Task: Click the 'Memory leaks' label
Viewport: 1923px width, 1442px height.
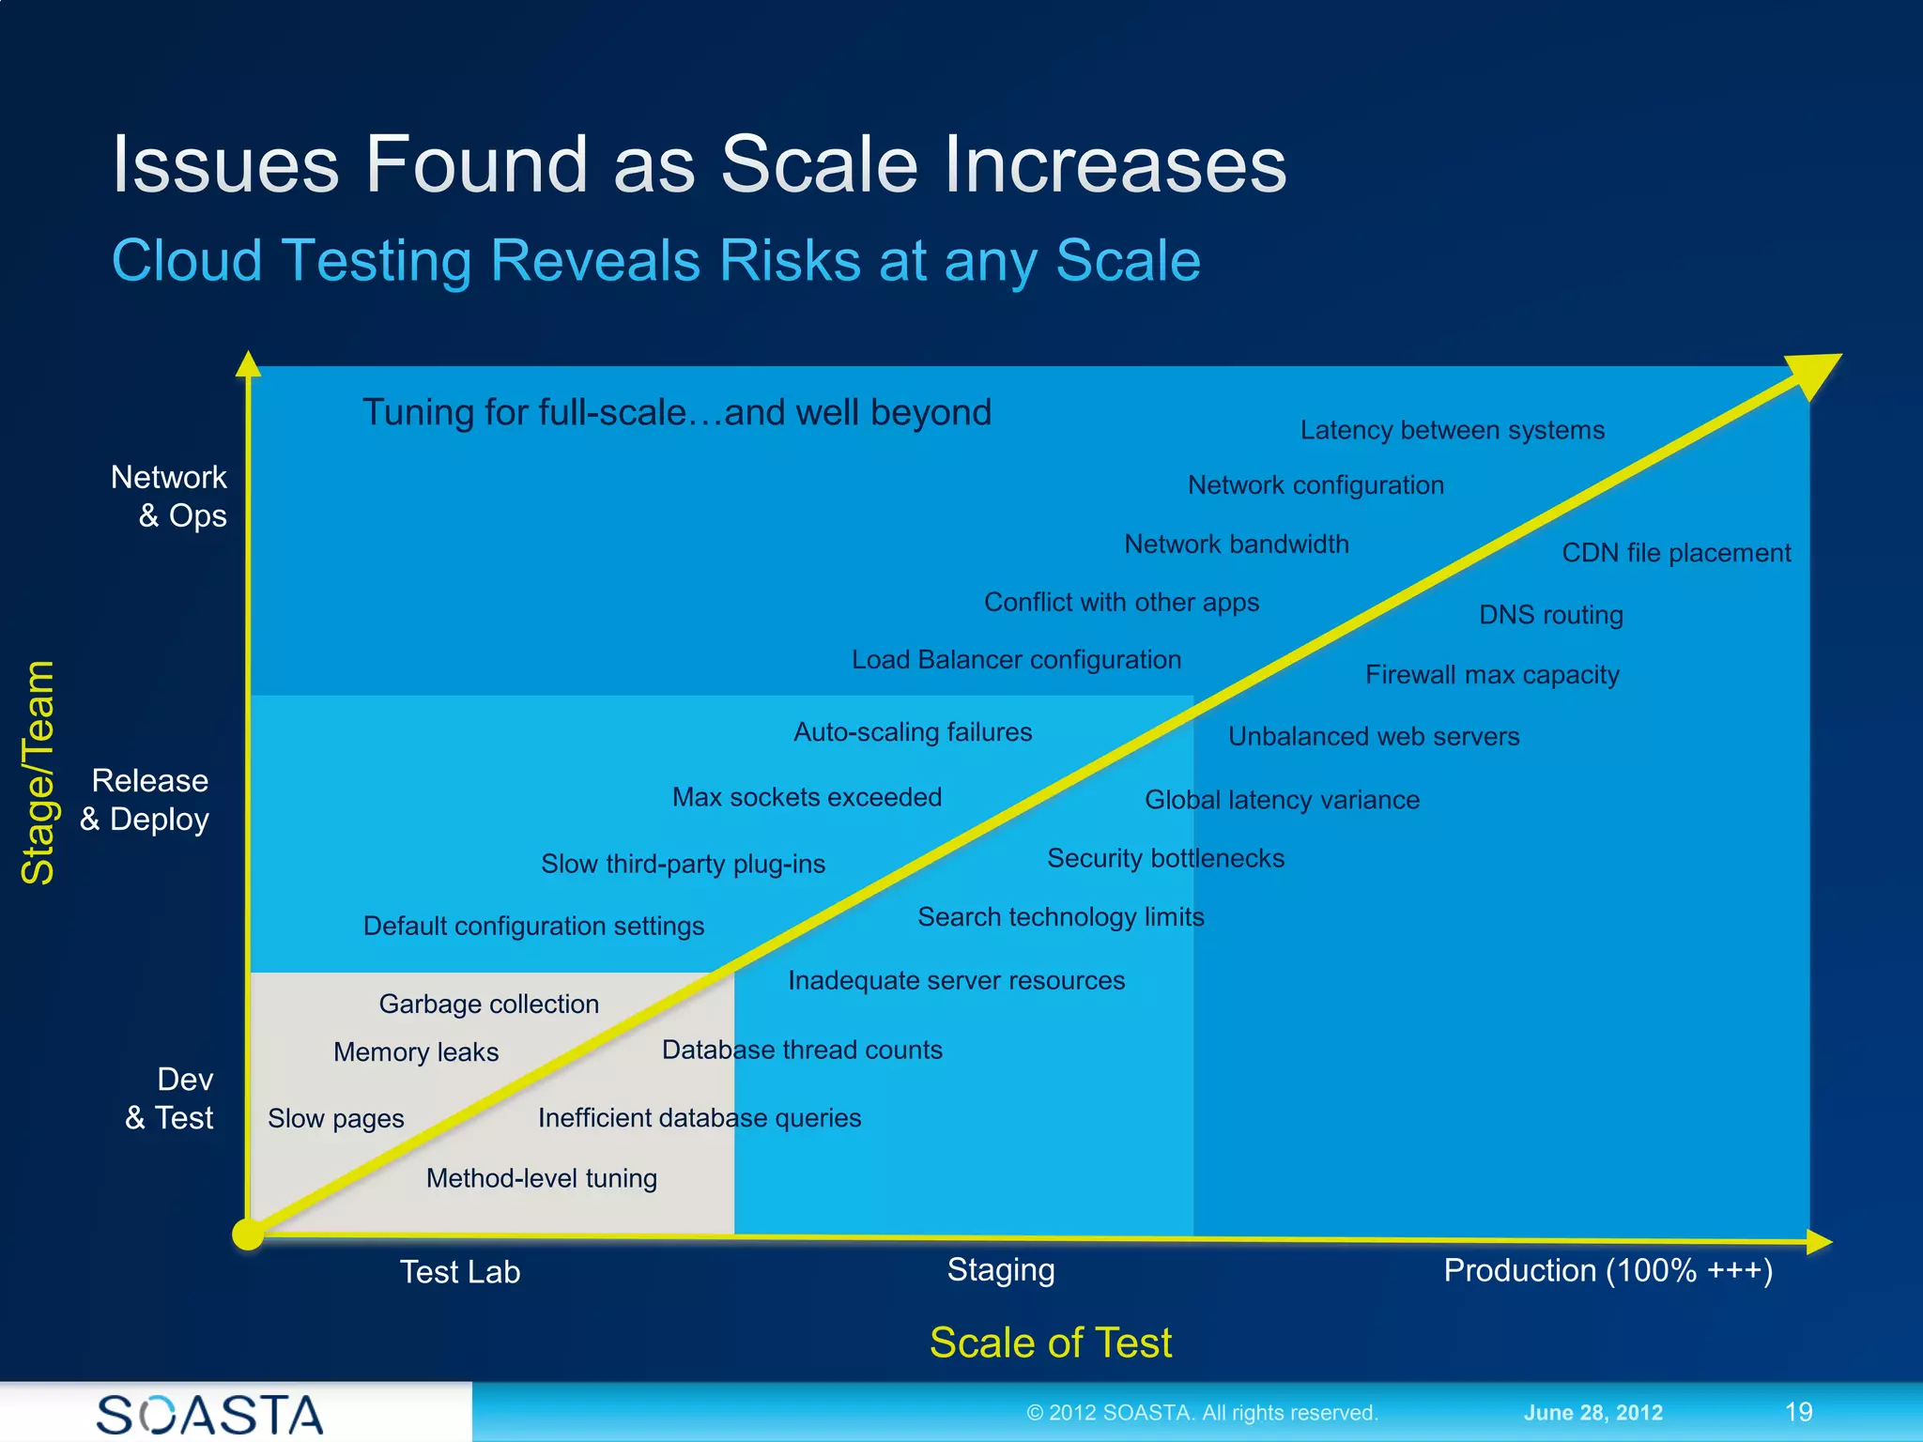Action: click(416, 1052)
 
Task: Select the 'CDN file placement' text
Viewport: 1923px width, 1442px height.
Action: click(1676, 553)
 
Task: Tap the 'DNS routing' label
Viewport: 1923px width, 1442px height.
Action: click(1550, 615)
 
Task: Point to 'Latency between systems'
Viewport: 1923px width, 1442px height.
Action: click(1452, 430)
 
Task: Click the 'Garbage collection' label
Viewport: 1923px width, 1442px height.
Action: click(488, 1004)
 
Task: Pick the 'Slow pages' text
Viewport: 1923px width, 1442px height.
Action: click(335, 1119)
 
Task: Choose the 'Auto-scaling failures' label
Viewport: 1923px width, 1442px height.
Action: click(913, 732)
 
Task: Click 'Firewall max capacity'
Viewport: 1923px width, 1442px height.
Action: click(1492, 675)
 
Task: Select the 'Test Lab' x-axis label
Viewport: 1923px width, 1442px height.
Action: click(459, 1272)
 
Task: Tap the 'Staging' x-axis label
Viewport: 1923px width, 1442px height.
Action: click(1001, 1269)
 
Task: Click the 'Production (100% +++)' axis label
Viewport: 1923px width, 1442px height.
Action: click(1608, 1270)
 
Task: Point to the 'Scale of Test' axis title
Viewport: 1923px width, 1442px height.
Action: click(1050, 1342)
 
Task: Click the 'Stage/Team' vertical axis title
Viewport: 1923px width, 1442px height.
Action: click(38, 772)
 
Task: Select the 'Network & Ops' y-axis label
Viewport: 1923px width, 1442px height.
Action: click(170, 497)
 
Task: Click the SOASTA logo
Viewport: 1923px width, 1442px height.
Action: click(209, 1414)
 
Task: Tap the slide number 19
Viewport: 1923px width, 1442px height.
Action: click(1798, 1412)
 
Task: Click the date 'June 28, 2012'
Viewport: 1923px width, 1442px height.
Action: click(1592, 1413)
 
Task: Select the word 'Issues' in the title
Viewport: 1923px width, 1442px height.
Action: click(225, 164)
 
